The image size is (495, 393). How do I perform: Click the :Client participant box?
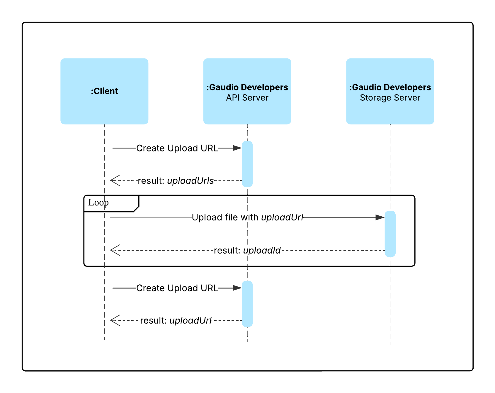[x=104, y=91]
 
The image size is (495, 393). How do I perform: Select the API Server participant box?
[x=247, y=91]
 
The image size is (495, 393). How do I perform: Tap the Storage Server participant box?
[x=390, y=91]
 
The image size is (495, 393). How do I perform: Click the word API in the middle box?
[x=233, y=98]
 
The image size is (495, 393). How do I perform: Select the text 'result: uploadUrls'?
[x=176, y=181]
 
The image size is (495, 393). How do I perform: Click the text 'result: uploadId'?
[x=247, y=251]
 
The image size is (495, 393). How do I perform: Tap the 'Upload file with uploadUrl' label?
[x=247, y=217]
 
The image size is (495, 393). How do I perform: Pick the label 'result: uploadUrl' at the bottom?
[x=176, y=321]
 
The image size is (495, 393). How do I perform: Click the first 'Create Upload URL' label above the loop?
[x=177, y=148]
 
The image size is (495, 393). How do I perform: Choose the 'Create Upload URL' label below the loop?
[x=177, y=288]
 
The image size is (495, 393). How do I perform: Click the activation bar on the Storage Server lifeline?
[x=390, y=234]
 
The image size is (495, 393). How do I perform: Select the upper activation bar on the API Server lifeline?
[x=247, y=164]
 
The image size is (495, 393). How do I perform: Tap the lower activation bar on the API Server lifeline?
[x=247, y=304]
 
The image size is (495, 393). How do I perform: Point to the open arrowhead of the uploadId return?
[x=115, y=250]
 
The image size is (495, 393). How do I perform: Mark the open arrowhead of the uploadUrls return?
[x=115, y=181]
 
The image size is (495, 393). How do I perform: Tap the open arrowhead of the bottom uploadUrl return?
[x=115, y=320]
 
